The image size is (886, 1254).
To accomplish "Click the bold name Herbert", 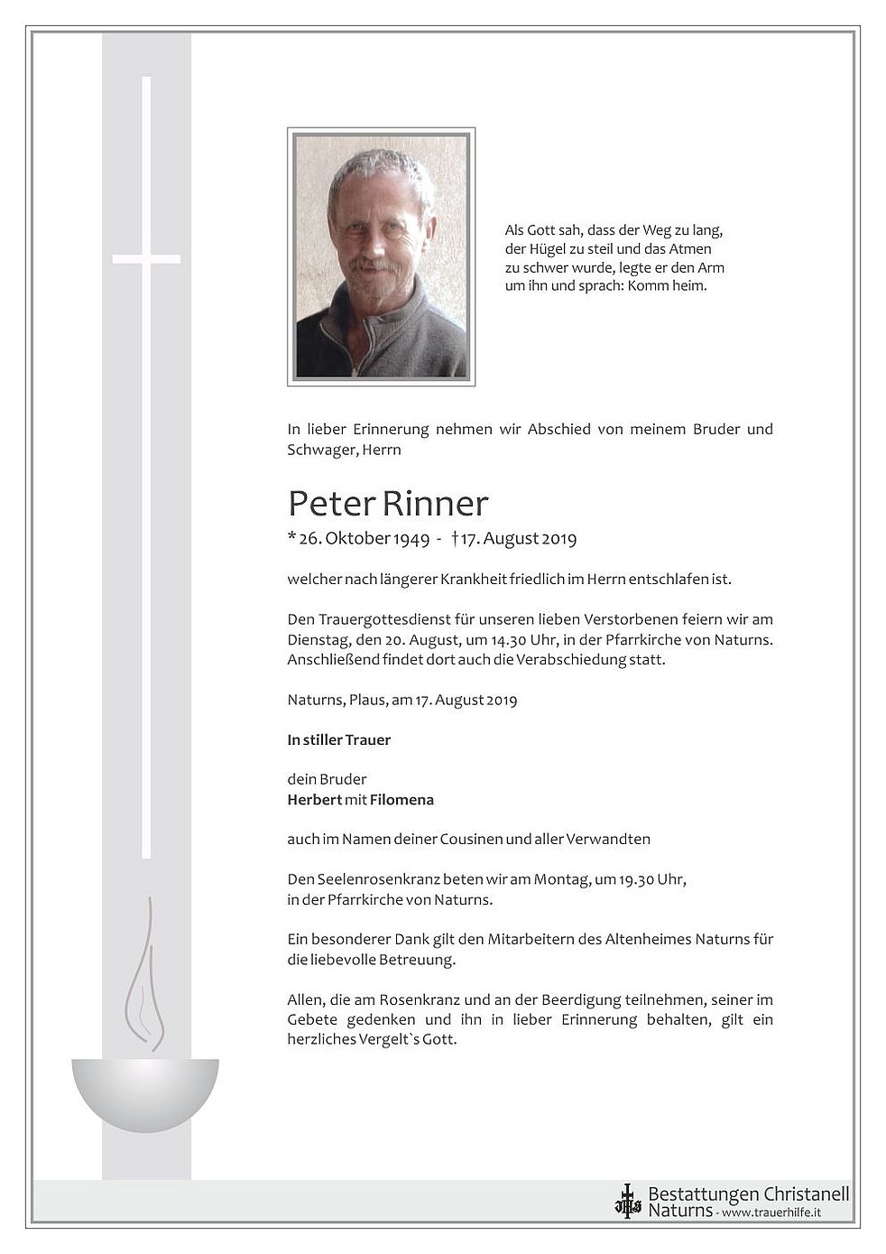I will pyautogui.click(x=314, y=800).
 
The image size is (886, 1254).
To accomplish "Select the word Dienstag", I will pyautogui.click(x=316, y=640).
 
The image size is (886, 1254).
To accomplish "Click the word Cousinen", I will pyautogui.click(x=471, y=840).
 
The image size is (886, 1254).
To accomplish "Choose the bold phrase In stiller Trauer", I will pyautogui.click(x=338, y=740).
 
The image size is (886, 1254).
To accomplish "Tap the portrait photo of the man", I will pyautogui.click(x=381, y=256).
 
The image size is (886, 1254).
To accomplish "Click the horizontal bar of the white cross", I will pyautogui.click(x=146, y=259).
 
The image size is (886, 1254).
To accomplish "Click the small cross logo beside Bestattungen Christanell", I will pyautogui.click(x=626, y=1202).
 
